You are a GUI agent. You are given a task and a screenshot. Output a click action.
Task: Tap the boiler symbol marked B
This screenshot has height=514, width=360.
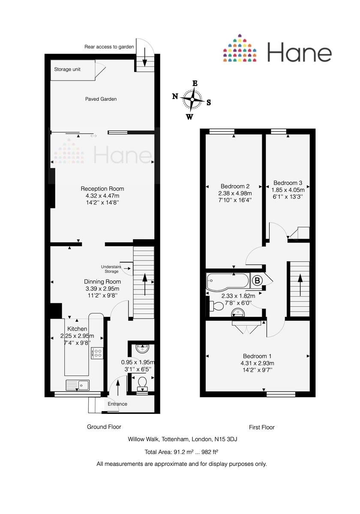click(x=257, y=281)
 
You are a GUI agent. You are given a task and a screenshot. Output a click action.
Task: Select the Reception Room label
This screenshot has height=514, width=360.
click(x=102, y=189)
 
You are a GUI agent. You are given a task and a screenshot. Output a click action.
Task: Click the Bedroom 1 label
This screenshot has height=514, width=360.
click(x=257, y=356)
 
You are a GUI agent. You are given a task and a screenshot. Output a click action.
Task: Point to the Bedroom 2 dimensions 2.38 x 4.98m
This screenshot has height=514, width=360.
click(x=235, y=193)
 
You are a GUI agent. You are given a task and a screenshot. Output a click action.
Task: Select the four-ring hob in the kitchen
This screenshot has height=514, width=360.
click(x=98, y=353)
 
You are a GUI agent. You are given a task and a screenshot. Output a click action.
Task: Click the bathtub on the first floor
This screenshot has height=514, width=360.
click(x=227, y=281)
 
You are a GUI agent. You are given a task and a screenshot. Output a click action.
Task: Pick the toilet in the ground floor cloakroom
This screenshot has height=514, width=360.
click(x=141, y=381)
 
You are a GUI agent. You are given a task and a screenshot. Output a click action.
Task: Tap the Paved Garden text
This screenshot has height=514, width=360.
click(x=101, y=99)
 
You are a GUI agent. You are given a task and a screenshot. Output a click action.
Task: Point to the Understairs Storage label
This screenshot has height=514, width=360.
click(x=110, y=269)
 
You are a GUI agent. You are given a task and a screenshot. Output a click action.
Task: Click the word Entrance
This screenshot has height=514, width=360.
click(x=117, y=404)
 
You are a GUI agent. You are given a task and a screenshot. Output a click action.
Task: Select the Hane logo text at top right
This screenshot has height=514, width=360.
click(x=300, y=53)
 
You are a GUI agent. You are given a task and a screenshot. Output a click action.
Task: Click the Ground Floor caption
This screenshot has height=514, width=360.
click(x=104, y=427)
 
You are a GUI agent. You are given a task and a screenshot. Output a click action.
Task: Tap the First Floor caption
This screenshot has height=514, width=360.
click(x=261, y=427)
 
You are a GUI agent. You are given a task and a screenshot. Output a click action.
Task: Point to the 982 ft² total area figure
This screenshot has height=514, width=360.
click(x=210, y=451)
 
